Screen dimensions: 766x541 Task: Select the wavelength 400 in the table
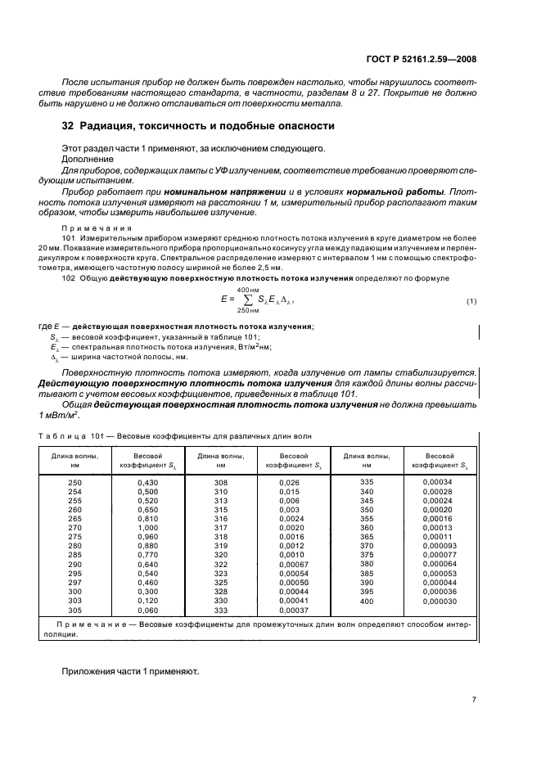pyautogui.click(x=366, y=601)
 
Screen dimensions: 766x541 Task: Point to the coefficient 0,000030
pyautogui.click(x=440, y=601)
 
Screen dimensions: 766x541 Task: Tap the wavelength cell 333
pyautogui.click(x=220, y=610)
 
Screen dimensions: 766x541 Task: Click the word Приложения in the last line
pyautogui.click(x=91, y=670)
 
